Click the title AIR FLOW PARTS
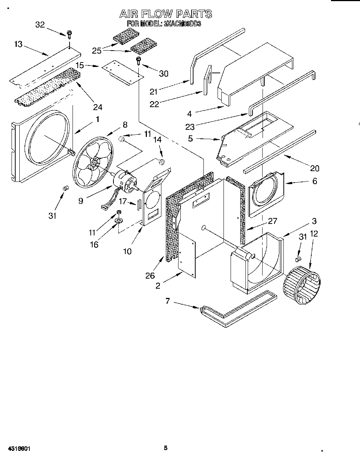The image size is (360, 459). [x=165, y=14]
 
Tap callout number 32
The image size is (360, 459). [x=40, y=25]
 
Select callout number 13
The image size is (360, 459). [x=18, y=44]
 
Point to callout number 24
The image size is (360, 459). [x=97, y=107]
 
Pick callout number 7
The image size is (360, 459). [x=167, y=301]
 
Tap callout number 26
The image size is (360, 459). [x=150, y=275]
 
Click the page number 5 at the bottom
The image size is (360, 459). [x=166, y=448]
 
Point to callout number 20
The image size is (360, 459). [x=315, y=168]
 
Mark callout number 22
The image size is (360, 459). [x=154, y=104]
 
